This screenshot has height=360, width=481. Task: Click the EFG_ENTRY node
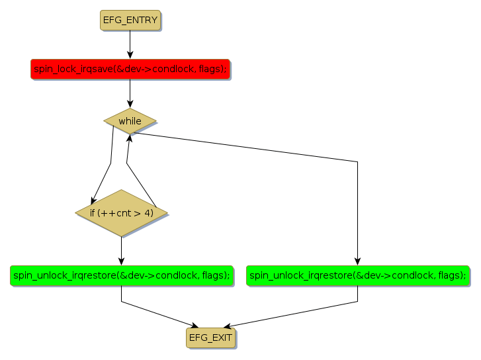tap(130, 21)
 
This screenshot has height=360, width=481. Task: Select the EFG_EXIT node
tap(210, 337)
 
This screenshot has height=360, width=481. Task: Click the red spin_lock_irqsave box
tap(130, 69)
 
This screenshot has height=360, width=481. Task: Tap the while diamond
tap(130, 121)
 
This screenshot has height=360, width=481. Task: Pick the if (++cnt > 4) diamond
tap(121, 213)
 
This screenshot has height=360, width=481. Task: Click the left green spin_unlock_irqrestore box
tap(121, 275)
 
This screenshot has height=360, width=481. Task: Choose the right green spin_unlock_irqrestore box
tap(357, 275)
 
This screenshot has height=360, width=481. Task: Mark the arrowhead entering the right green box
tap(357, 261)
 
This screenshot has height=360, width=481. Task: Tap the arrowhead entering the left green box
tap(121, 261)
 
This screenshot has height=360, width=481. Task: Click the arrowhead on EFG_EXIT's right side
tap(228, 325)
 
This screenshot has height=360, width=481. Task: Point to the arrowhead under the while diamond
tap(129, 136)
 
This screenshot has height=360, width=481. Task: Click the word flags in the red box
tap(212, 69)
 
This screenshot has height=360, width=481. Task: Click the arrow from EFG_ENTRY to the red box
tap(130, 43)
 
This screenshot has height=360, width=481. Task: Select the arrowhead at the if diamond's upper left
tap(94, 200)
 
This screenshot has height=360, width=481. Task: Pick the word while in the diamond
tap(130, 121)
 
